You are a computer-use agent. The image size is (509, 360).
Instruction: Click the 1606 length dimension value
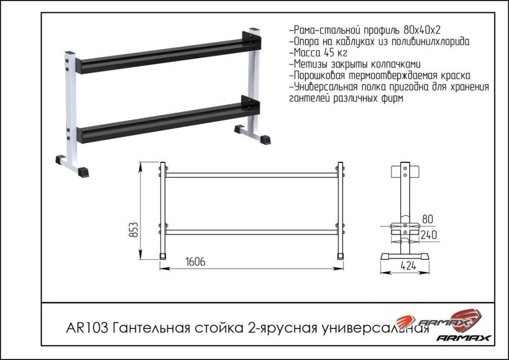195,262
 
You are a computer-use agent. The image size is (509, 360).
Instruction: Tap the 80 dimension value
428,220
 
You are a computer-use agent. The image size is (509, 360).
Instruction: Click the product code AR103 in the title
87,326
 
